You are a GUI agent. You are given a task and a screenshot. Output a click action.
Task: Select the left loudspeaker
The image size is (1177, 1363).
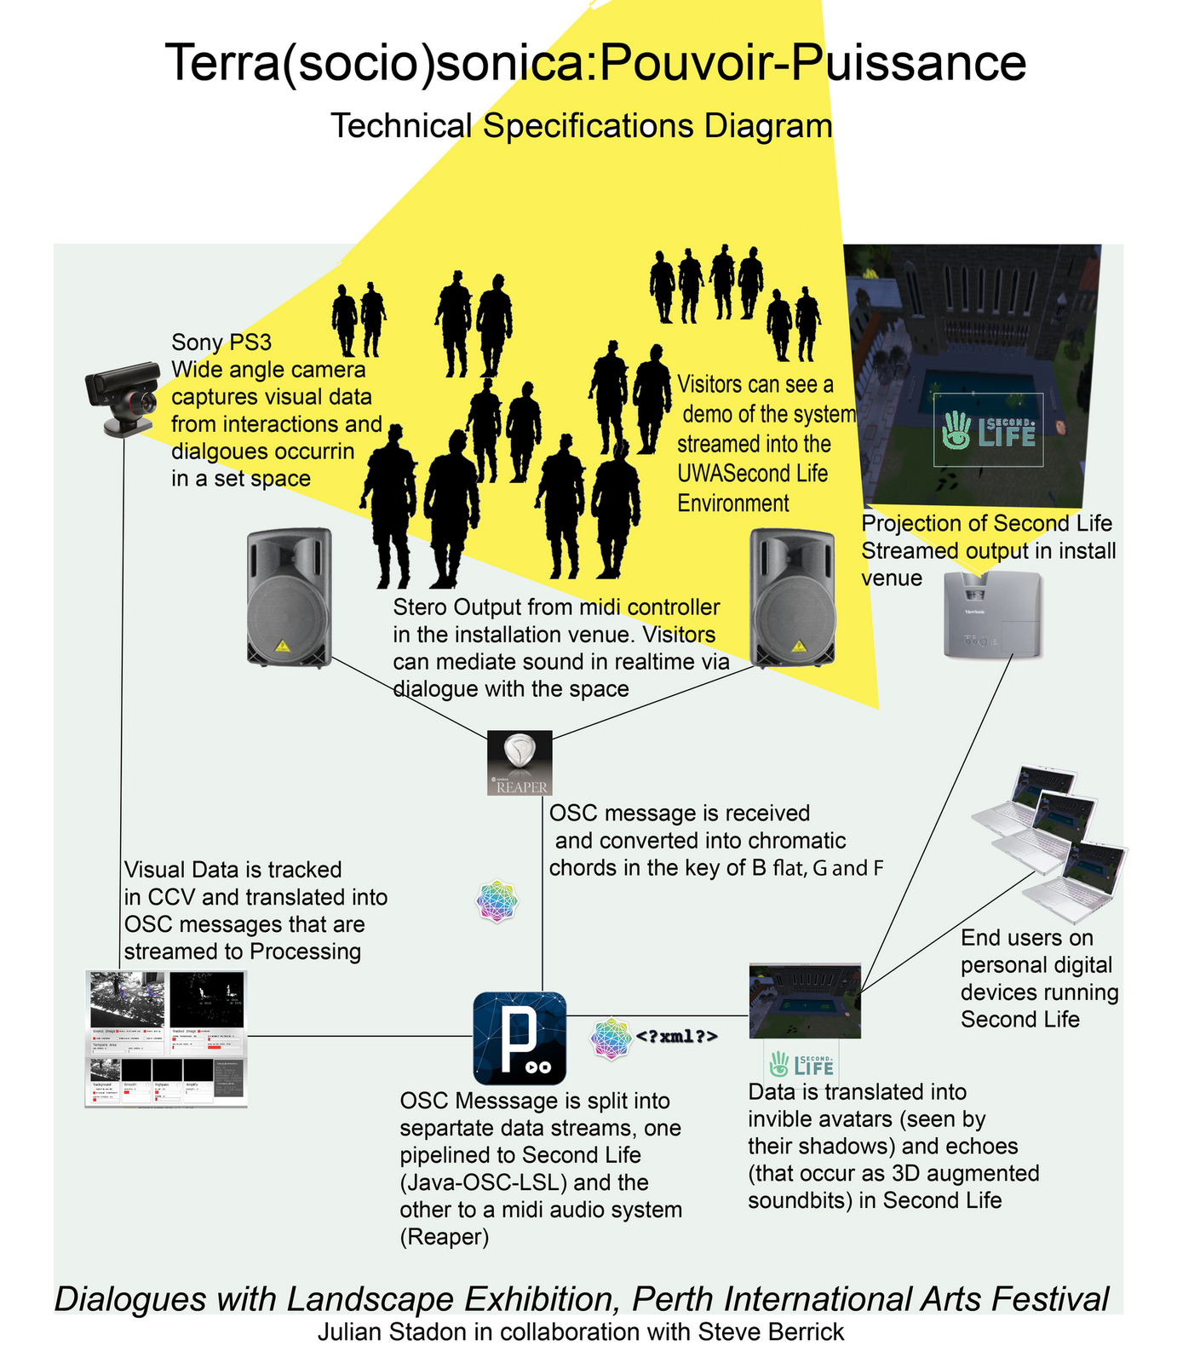(289, 597)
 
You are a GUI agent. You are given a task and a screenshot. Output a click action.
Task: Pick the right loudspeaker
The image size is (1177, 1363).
(792, 597)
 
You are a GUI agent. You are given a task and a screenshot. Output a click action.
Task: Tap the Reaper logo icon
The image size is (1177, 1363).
(520, 763)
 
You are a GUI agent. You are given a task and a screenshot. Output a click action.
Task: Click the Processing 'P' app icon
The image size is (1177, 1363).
(520, 1038)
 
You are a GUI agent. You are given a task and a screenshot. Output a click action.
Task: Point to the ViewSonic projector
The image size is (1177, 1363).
(993, 614)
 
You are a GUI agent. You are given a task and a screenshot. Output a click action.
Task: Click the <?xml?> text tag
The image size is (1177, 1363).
(677, 1037)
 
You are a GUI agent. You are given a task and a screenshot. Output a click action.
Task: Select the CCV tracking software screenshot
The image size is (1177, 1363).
(166, 1038)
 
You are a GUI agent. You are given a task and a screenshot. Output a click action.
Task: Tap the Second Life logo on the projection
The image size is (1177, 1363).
(988, 429)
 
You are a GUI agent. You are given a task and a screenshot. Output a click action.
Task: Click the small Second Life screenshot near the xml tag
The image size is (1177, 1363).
(805, 1001)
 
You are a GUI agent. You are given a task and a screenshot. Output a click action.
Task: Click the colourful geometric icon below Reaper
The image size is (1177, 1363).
(497, 901)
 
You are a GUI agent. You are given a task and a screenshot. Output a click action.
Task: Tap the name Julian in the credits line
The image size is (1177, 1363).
(349, 1331)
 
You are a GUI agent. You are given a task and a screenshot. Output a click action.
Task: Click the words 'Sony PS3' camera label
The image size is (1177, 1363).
(221, 342)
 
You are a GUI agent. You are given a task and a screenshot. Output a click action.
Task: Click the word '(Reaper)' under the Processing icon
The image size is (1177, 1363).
(445, 1237)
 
